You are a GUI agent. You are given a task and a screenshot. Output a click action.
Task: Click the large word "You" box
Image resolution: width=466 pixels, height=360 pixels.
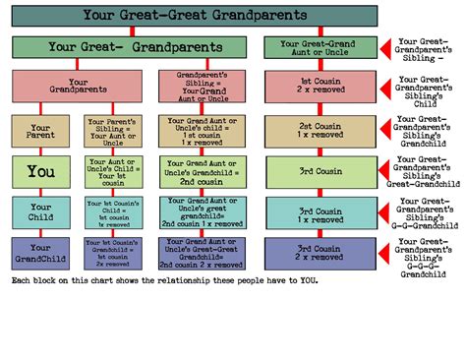click(40, 170)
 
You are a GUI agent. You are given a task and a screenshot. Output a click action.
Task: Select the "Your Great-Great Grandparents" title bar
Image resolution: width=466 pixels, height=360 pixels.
click(194, 16)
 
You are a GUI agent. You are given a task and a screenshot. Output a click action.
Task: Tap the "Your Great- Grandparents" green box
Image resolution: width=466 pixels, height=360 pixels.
click(132, 47)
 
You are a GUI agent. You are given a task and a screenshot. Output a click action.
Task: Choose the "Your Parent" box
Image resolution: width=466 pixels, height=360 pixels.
click(40, 131)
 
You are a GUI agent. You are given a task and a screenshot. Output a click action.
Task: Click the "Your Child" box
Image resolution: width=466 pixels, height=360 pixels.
click(40, 211)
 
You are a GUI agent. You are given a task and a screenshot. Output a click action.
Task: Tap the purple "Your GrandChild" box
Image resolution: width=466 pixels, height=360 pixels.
click(40, 252)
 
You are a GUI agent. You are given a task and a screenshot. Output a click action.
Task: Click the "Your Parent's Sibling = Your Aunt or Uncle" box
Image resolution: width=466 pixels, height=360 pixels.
click(110, 131)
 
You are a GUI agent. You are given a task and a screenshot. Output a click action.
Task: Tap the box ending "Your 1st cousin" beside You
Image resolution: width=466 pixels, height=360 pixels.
click(110, 170)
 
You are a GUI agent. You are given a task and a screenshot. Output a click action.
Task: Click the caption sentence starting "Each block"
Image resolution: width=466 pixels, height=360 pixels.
click(164, 280)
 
